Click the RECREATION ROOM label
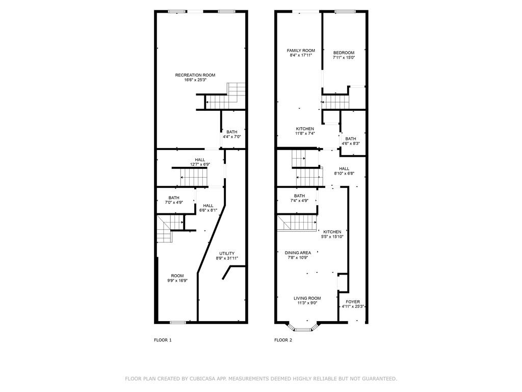click(195, 75)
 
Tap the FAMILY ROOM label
click(301, 51)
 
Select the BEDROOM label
click(344, 53)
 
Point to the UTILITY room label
click(227, 253)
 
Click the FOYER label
click(353, 302)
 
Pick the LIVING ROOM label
click(307, 298)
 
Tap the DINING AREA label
click(298, 253)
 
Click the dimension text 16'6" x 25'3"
click(195, 80)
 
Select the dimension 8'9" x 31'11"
click(227, 258)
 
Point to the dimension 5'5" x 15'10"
click(332, 237)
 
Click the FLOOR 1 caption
click(163, 340)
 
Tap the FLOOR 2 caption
click(283, 340)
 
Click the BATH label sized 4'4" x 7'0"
click(232, 132)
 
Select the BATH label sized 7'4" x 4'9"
click(299, 196)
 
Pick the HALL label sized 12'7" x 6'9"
click(200, 160)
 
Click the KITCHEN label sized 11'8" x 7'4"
click(305, 129)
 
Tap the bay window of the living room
click(303, 329)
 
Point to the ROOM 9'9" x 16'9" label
click(177, 276)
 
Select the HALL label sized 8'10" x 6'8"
click(344, 168)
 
